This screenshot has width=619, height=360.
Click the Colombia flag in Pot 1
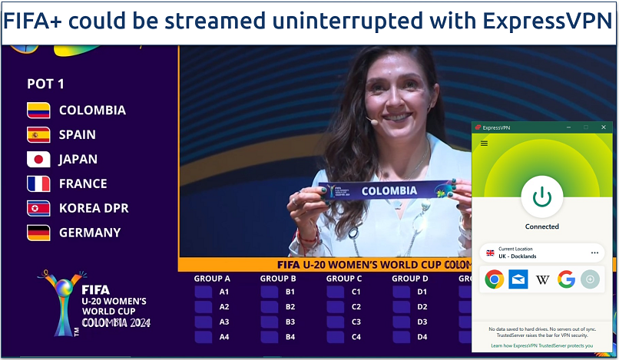pyautogui.click(x=38, y=110)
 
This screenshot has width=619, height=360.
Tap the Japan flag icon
pyautogui.click(x=38, y=159)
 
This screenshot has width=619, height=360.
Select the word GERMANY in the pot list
pyautogui.click(x=90, y=233)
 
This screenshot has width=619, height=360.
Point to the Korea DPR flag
pyautogui.click(x=38, y=208)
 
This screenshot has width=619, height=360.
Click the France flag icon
pyautogui.click(x=38, y=183)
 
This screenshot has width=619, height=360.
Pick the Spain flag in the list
pyautogui.click(x=38, y=134)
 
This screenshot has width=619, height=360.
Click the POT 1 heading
pyautogui.click(x=46, y=84)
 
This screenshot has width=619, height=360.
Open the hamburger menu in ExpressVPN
pyautogui.click(x=484, y=143)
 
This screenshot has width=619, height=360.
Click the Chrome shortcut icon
pyautogui.click(x=494, y=279)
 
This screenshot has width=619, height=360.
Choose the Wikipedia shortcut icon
pyautogui.click(x=542, y=279)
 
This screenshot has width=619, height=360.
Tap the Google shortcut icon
pyautogui.click(x=567, y=279)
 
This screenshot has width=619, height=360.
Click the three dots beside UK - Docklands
pyautogui.click(x=594, y=253)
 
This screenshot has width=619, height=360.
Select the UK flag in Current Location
pyautogui.click(x=490, y=253)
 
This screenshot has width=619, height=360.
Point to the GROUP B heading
pyautogui.click(x=278, y=279)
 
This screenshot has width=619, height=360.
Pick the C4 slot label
pyautogui.click(x=356, y=337)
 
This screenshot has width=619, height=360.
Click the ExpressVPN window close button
pyautogui.click(x=604, y=127)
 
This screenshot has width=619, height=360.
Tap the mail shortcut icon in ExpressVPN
pyautogui.click(x=518, y=279)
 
